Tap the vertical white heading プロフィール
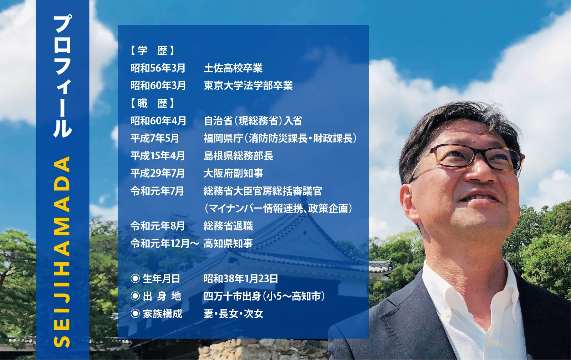[62, 76]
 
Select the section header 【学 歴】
[152, 51]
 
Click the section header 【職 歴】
[152, 103]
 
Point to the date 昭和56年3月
[158, 68]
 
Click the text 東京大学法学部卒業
[248, 86]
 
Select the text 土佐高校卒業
[233, 68]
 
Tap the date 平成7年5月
[155, 138]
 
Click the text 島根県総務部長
[238, 156]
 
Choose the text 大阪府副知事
[233, 173]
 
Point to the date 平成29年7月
[158, 173]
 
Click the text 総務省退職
[228, 226]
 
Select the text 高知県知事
[228, 243]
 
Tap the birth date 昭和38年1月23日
[241, 279]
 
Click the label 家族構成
[162, 314]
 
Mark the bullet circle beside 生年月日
[135, 279]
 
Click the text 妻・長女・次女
[233, 314]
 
